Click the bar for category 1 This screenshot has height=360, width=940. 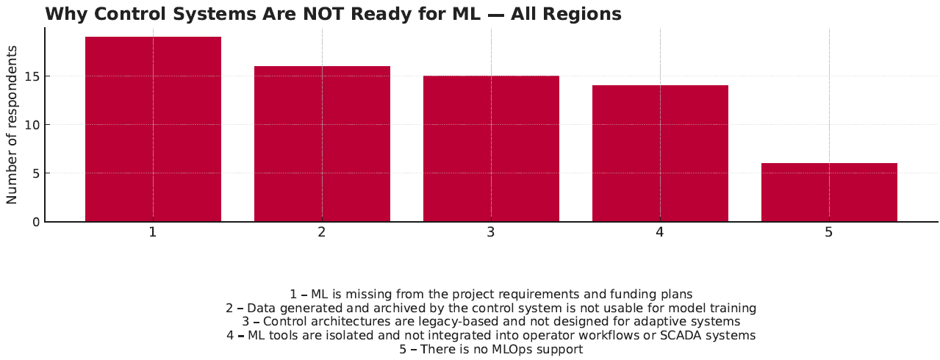pos(153,129)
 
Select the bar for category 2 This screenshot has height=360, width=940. pos(323,144)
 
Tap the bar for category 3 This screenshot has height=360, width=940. pos(491,148)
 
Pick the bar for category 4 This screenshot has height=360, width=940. pos(660,154)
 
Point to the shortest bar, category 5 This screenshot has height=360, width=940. pos(829,192)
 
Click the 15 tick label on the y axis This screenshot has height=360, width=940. pos(32,77)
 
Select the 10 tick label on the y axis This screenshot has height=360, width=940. pos(32,125)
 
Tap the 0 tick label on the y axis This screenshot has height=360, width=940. pos(36,222)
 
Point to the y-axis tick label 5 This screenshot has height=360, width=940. pos(36,173)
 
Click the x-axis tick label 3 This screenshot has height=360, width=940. pos(491,232)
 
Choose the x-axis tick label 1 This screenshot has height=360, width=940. pos(153,232)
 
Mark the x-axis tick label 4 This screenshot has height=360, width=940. pos(660,232)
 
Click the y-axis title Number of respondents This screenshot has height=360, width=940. pos(12,125)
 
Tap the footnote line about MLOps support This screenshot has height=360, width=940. pos(491,349)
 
